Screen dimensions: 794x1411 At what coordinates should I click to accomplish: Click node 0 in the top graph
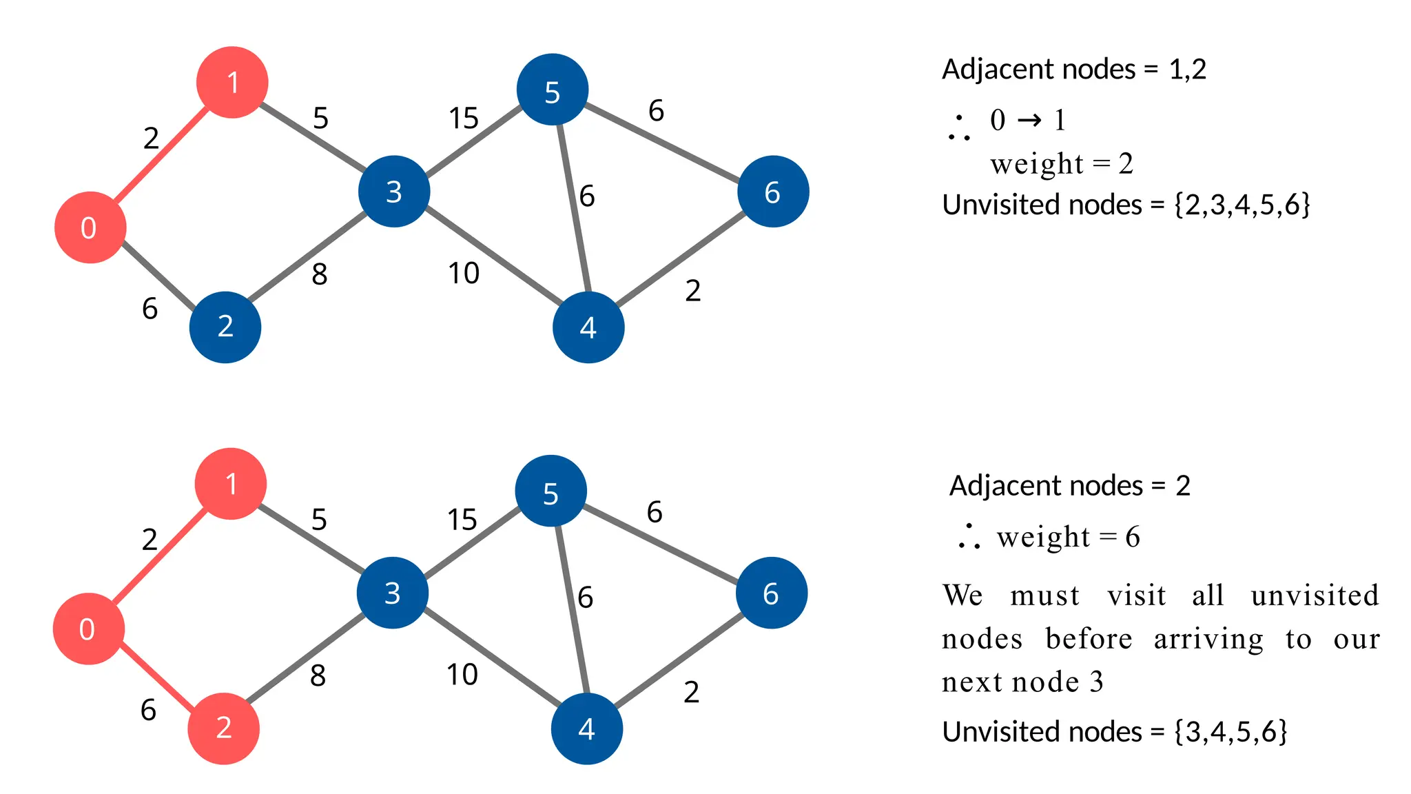(90, 227)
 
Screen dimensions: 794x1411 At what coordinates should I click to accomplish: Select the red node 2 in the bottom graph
(223, 729)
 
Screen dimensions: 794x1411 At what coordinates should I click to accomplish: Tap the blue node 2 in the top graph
(225, 327)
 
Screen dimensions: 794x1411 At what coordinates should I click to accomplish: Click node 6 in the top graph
(772, 192)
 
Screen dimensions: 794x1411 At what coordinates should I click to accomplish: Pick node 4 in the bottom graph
(586, 729)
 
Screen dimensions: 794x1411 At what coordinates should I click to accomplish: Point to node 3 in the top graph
(393, 192)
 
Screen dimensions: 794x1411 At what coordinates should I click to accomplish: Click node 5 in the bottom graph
(550, 491)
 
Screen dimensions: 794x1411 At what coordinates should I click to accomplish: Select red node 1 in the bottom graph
(231, 484)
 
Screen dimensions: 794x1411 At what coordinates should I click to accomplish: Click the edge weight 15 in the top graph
(463, 119)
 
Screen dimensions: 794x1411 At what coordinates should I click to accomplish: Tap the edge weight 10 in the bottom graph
(462, 675)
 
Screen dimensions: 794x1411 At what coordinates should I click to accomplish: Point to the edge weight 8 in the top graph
(319, 274)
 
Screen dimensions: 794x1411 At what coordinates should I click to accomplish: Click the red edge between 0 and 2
(156, 679)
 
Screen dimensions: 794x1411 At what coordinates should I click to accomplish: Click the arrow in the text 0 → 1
(1029, 121)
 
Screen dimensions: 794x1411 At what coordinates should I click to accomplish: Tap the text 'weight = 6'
(1068, 537)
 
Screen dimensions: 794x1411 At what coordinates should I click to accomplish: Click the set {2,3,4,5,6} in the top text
(1242, 205)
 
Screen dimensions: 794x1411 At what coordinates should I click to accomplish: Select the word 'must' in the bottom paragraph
(1044, 596)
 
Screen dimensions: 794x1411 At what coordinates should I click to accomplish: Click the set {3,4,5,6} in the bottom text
(1230, 732)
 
